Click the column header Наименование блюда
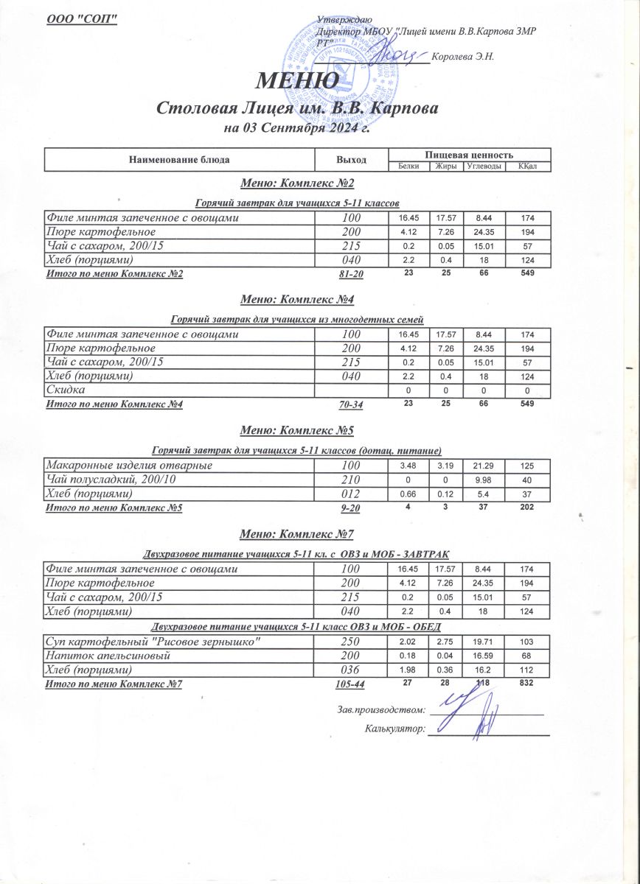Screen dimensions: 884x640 click(179, 159)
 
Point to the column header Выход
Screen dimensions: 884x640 click(351, 159)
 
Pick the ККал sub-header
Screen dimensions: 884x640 click(527, 166)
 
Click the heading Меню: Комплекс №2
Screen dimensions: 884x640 click(298, 183)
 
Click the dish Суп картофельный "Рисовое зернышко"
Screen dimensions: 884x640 click(153, 641)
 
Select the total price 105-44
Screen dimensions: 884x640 click(350, 684)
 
